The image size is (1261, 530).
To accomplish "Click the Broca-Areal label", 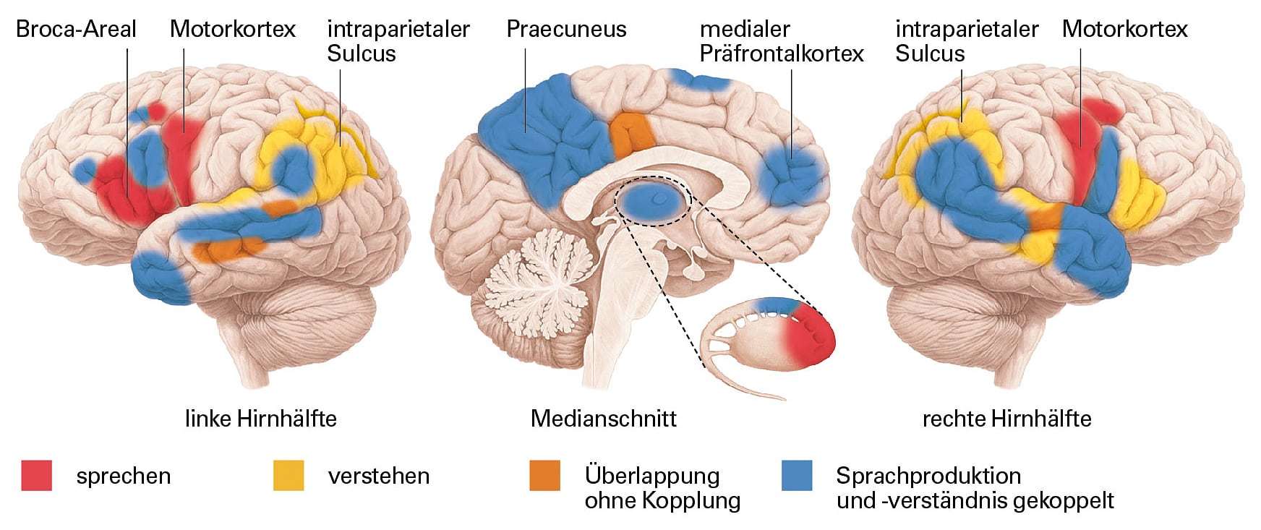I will pos(76,29).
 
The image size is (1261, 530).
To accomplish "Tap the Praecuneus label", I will pos(566,29).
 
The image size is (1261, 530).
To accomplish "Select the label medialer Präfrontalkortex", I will pos(782,41).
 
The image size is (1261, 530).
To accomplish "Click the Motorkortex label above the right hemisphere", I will pos(1124,29).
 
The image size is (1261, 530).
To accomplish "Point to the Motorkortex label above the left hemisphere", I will pos(232,29).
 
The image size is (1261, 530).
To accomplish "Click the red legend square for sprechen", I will pos(36,476).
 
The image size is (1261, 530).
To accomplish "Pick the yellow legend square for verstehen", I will pos(288,476).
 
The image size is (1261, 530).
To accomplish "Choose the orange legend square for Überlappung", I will pos(544,476).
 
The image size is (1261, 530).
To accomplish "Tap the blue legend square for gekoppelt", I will pos(797,476).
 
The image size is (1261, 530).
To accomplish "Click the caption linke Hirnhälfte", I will pos(261,419).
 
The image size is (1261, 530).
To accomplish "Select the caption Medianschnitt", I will pos(604,419).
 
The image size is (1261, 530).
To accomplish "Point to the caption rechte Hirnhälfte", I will pos(1006,419).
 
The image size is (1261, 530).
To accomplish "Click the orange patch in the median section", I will pos(631,134).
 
